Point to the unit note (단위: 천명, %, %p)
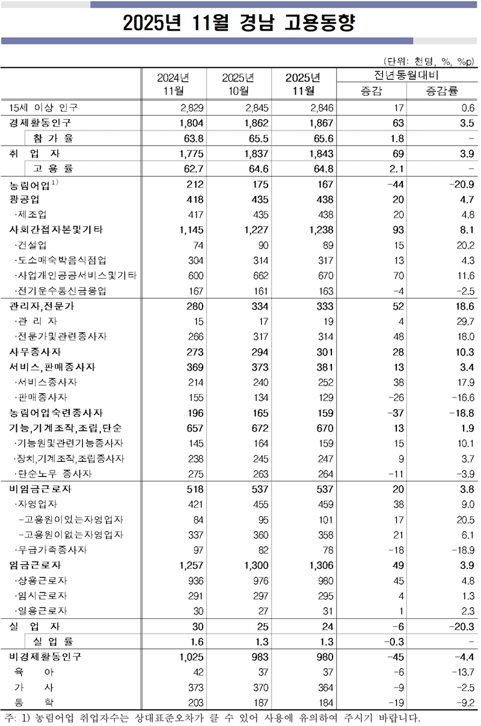428,61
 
